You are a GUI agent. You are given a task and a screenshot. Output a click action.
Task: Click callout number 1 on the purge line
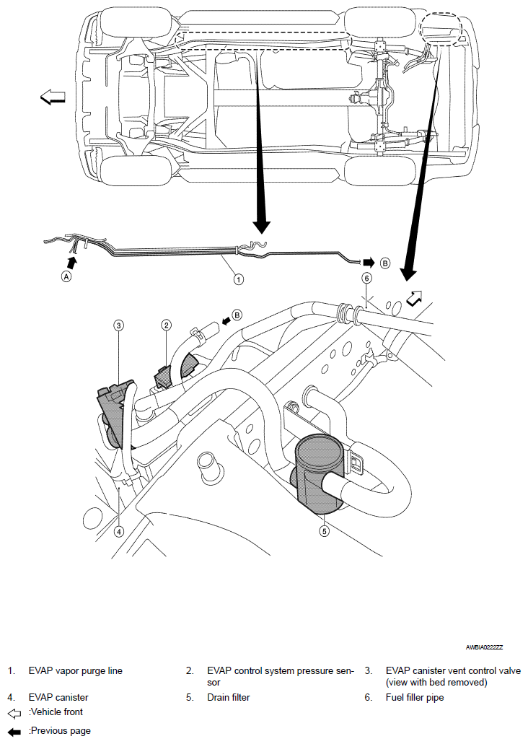[239, 279]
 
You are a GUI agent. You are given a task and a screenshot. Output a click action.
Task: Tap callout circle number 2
[166, 325]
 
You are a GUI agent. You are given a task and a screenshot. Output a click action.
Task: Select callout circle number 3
[118, 325]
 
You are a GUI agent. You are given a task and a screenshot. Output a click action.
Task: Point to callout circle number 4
[118, 531]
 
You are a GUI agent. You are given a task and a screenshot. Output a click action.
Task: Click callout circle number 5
[325, 531]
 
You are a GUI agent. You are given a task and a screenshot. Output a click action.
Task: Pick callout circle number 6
[366, 278]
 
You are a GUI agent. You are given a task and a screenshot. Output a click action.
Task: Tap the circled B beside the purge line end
[385, 263]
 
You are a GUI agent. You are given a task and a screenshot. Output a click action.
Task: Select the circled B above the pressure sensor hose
[237, 315]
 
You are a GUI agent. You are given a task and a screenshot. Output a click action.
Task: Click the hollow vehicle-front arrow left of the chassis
[52, 97]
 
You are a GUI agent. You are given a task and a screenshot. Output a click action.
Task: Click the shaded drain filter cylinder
[317, 475]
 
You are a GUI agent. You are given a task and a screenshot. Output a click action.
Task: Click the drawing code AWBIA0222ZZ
[484, 647]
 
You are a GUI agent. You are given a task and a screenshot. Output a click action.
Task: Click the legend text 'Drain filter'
[228, 697]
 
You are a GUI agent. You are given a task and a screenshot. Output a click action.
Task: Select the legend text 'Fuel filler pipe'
[415, 697]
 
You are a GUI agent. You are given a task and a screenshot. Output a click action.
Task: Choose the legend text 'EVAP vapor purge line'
[76, 670]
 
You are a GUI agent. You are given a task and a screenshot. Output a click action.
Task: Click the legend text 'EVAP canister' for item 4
[58, 697]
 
